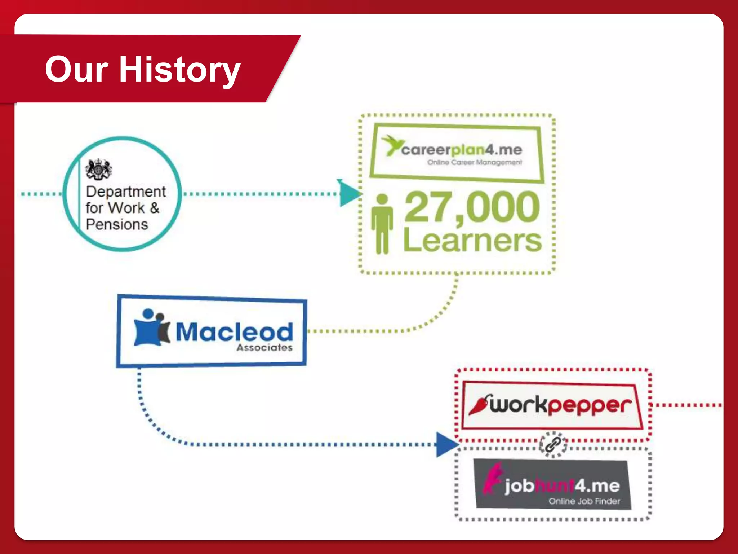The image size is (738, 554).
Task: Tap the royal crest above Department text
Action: [x=98, y=169]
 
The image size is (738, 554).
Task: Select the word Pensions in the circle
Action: [x=117, y=224]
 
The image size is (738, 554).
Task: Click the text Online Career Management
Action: [x=474, y=162]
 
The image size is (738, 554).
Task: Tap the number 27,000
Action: [x=472, y=207]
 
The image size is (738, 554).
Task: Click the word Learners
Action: [x=472, y=240]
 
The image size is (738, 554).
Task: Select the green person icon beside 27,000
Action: [x=382, y=224]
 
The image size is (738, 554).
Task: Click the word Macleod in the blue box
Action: [x=234, y=332]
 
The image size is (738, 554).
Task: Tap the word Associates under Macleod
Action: [x=264, y=348]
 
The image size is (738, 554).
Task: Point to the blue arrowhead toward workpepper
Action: [x=446, y=444]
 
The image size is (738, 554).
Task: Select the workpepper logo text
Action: [x=560, y=405]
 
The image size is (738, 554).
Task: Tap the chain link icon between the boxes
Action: [x=552, y=444]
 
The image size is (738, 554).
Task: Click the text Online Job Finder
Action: [x=584, y=501]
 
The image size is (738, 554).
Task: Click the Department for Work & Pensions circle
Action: [x=123, y=194]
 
